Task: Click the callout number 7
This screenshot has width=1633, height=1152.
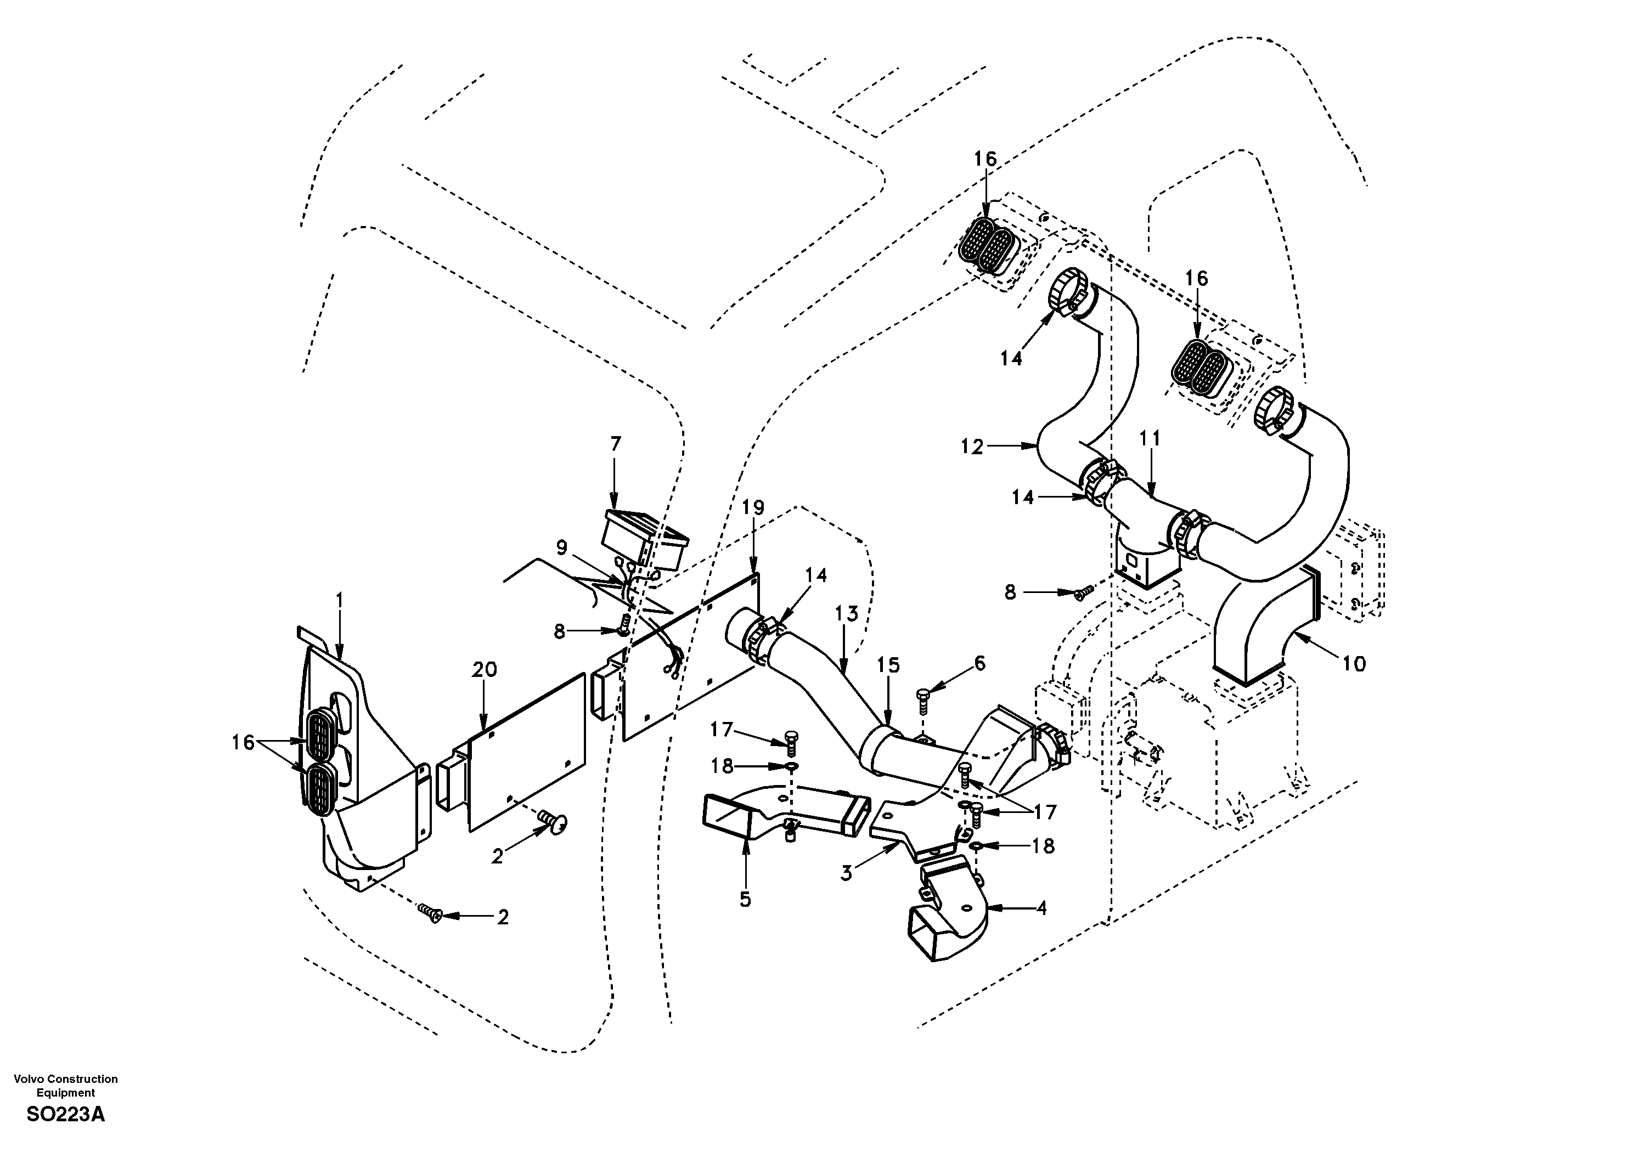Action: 615,444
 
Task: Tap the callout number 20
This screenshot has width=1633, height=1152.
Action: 485,670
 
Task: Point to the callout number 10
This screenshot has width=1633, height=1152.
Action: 1354,664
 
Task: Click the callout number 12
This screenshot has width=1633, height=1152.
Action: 972,447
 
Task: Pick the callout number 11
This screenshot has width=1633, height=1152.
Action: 1150,439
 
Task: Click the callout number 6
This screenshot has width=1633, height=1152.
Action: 980,663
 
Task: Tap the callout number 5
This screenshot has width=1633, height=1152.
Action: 745,900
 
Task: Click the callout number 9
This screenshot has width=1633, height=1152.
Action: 562,547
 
